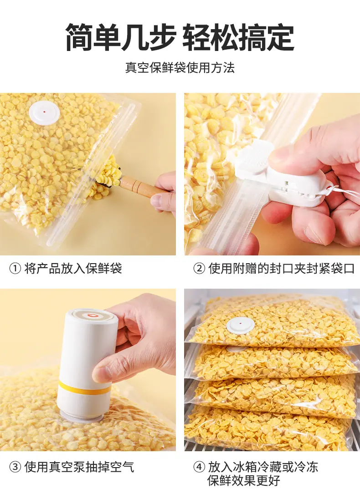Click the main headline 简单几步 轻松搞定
pos(180,37)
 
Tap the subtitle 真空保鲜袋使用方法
pos(180,68)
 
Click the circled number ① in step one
pos(15,269)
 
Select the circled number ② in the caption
pos(199,269)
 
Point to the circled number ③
pos(15,467)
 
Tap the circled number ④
pos(199,467)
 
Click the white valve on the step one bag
pos(44,112)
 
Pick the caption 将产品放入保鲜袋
pos(73,269)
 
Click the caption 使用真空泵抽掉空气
pos(79,467)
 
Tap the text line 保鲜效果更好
pos(244,481)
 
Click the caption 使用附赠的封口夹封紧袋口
pos(282,269)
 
